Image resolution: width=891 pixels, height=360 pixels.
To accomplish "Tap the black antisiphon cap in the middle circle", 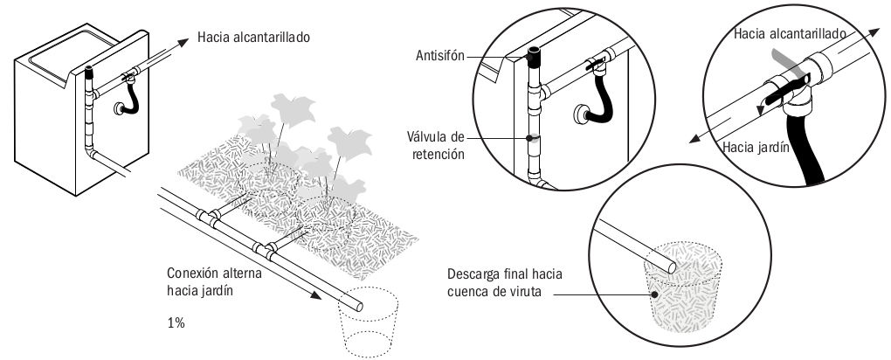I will (x=535, y=59).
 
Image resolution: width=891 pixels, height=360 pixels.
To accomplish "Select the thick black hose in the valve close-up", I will (x=801, y=162).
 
